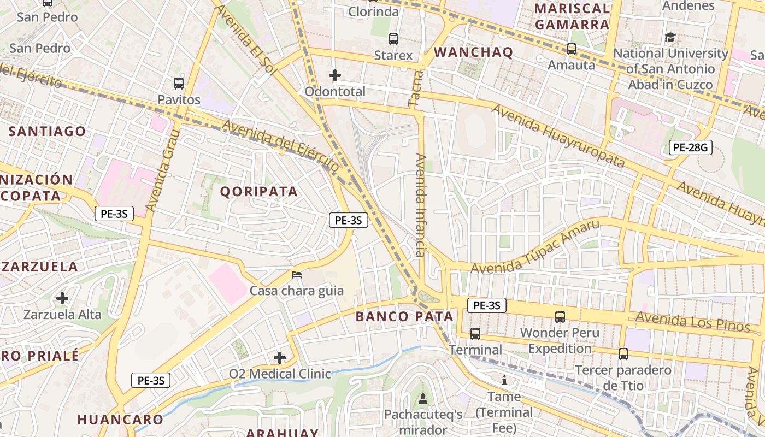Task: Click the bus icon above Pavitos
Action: click(x=179, y=84)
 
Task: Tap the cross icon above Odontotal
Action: click(x=335, y=75)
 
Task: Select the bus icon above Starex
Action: click(x=393, y=39)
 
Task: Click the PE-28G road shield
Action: click(x=691, y=147)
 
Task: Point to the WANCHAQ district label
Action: click(x=473, y=52)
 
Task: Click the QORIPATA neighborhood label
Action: click(x=259, y=192)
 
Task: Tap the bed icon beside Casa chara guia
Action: click(x=297, y=274)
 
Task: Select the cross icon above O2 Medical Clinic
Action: click(x=280, y=358)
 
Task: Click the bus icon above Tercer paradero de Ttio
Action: click(x=623, y=353)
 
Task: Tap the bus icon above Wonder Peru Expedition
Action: click(x=560, y=316)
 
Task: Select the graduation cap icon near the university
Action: click(x=670, y=38)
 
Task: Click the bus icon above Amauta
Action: click(x=572, y=49)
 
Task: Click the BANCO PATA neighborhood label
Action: click(x=404, y=316)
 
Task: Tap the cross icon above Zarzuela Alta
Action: click(x=62, y=298)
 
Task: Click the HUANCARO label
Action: click(x=120, y=420)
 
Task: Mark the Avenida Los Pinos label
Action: click(x=692, y=322)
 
